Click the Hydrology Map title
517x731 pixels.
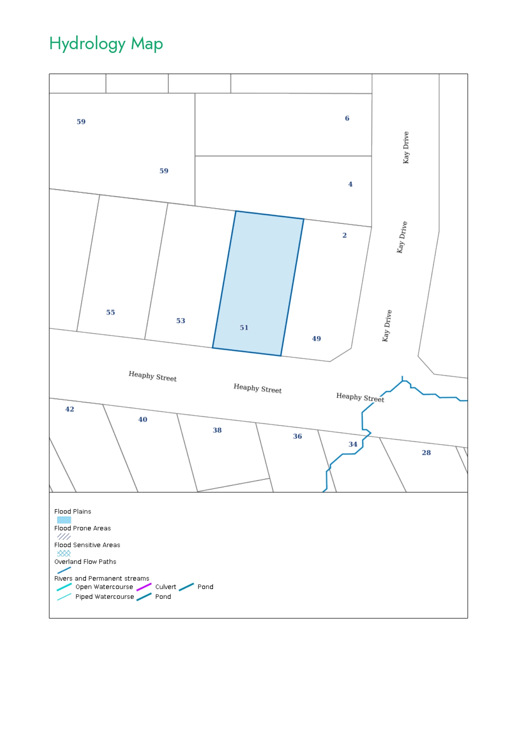click(x=106, y=44)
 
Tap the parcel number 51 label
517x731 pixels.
click(x=244, y=328)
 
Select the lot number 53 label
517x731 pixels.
click(x=180, y=320)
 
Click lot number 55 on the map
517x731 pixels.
click(x=110, y=312)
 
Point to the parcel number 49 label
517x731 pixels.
click(x=317, y=338)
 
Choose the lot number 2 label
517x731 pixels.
click(x=345, y=235)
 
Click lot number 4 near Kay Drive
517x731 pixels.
click(x=350, y=184)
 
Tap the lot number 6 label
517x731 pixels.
click(x=347, y=118)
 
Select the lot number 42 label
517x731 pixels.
click(x=70, y=409)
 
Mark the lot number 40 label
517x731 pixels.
click(x=143, y=419)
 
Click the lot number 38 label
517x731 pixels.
click(x=217, y=430)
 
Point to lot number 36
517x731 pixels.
click(x=297, y=436)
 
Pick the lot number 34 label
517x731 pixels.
click(x=353, y=444)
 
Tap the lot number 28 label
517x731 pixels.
click(x=426, y=452)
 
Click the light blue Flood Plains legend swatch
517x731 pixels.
click(x=64, y=520)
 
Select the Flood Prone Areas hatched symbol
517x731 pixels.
click(x=64, y=536)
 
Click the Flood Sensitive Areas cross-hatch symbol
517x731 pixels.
click(x=64, y=553)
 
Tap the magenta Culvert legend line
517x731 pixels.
click(x=144, y=587)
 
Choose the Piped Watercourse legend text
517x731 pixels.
click(x=105, y=596)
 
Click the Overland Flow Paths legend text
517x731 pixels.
click(x=85, y=561)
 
